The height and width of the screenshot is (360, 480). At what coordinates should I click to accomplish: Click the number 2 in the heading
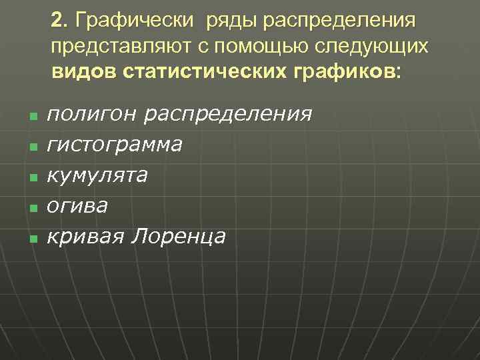57,20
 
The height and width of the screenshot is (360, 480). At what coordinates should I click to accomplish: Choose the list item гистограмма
114,144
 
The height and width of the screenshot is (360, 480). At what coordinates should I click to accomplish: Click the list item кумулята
97,175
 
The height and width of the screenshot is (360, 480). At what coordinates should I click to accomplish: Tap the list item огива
77,205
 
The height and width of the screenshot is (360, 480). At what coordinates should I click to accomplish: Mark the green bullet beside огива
32,207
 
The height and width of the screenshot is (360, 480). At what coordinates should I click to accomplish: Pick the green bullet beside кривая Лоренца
32,238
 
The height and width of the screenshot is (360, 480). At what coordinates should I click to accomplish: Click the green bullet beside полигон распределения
32,116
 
